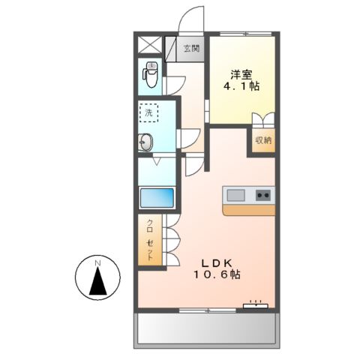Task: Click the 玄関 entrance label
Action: pyautogui.click(x=191, y=49)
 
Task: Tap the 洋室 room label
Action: pyautogui.click(x=241, y=74)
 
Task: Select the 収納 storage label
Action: pyautogui.click(x=262, y=140)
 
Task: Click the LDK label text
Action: pyautogui.click(x=220, y=262)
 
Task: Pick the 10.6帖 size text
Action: pyautogui.click(x=220, y=275)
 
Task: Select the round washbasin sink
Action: pyautogui.click(x=145, y=141)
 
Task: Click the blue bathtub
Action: pyautogui.click(x=157, y=199)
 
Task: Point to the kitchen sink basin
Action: pyautogui.click(x=235, y=196)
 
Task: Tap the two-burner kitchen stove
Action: pyautogui.click(x=264, y=196)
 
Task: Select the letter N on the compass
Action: pyautogui.click(x=97, y=263)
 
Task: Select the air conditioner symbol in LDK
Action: pyautogui.click(x=256, y=304)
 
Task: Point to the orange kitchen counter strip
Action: pyautogui.click(x=249, y=210)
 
